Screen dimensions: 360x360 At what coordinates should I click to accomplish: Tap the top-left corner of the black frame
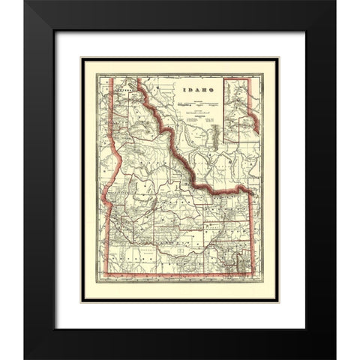25,2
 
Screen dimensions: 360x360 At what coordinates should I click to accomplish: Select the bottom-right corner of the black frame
335,358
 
